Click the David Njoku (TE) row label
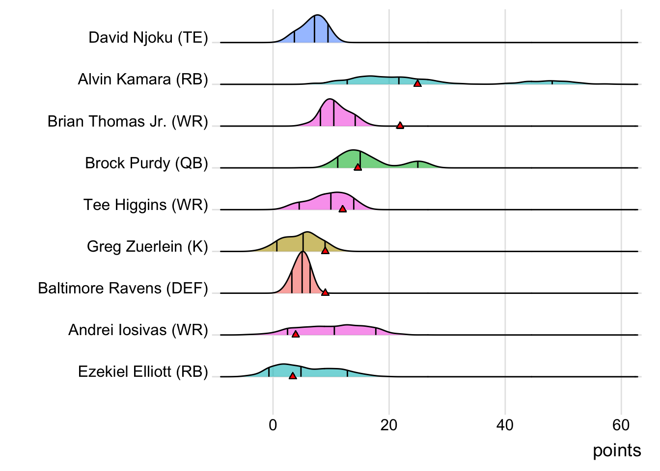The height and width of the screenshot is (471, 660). pyautogui.click(x=148, y=38)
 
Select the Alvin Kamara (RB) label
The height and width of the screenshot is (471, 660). pyautogui.click(x=143, y=79)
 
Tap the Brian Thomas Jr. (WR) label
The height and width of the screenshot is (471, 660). pyautogui.click(x=128, y=121)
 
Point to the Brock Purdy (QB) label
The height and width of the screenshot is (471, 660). pyautogui.click(x=146, y=163)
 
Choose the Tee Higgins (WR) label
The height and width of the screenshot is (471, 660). pyautogui.click(x=145, y=205)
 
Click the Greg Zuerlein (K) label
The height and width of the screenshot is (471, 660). pyautogui.click(x=147, y=246)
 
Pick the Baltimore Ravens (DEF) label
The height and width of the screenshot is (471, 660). pyautogui.click(x=123, y=288)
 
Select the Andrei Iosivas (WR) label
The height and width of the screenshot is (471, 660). pyautogui.click(x=138, y=330)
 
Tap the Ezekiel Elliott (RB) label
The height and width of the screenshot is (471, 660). pyautogui.click(x=143, y=371)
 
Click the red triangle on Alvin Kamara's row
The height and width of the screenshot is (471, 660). pyautogui.click(x=417, y=84)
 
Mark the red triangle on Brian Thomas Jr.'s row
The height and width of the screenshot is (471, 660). pyautogui.click(x=400, y=126)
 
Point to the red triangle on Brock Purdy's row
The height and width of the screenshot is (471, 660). pyautogui.click(x=357, y=167)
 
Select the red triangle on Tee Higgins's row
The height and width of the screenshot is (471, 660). pyautogui.click(x=343, y=209)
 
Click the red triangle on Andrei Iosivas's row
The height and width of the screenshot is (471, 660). pyautogui.click(x=296, y=334)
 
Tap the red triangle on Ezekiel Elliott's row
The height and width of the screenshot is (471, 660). pyautogui.click(x=293, y=376)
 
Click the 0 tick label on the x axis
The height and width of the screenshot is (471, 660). pyautogui.click(x=273, y=425)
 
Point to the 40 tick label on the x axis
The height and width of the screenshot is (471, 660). pyautogui.click(x=505, y=425)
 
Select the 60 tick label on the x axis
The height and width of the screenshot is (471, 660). pyautogui.click(x=621, y=425)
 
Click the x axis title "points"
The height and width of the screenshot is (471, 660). pyautogui.click(x=617, y=450)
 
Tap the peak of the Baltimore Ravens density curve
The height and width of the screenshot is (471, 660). pyautogui.click(x=302, y=252)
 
